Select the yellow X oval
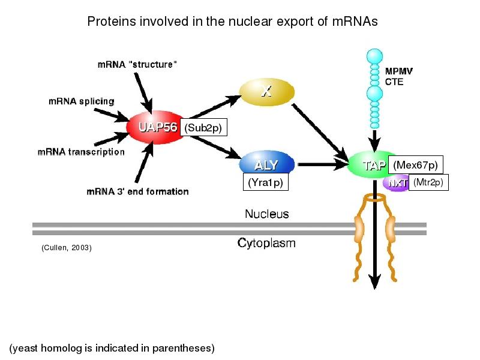point(266,92)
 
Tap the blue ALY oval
point(267,165)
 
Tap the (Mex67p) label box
point(415,164)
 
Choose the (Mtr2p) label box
point(428,183)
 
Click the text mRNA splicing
point(81,101)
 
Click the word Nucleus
point(266,214)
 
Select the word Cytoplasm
point(266,244)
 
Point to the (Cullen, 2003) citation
point(67,247)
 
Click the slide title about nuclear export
point(232,22)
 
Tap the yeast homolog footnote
point(112,348)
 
